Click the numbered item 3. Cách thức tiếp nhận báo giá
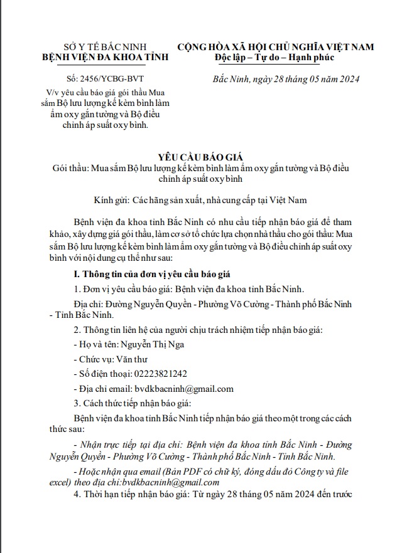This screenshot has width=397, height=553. click(138, 403)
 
